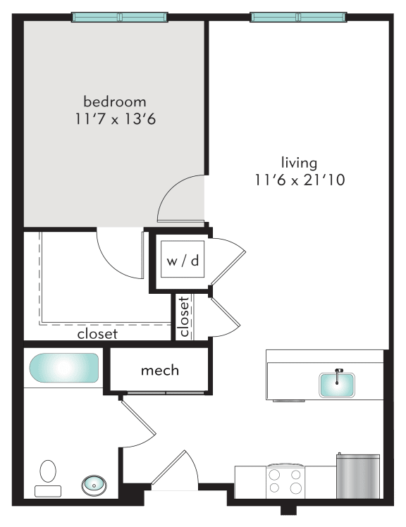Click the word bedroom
[x=115, y=101]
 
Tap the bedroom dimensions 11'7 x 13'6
[x=115, y=119]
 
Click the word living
[x=298, y=162]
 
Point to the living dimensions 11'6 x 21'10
[x=299, y=180]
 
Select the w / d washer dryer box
[x=183, y=261]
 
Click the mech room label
[x=160, y=370]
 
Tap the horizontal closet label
[x=97, y=334]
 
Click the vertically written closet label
[x=184, y=316]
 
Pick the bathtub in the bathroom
[x=63, y=368]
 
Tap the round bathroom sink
[x=92, y=484]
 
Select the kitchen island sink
[x=338, y=385]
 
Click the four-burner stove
[x=285, y=480]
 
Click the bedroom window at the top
[x=119, y=16]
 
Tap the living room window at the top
[x=298, y=16]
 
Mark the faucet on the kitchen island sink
[x=338, y=374]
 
